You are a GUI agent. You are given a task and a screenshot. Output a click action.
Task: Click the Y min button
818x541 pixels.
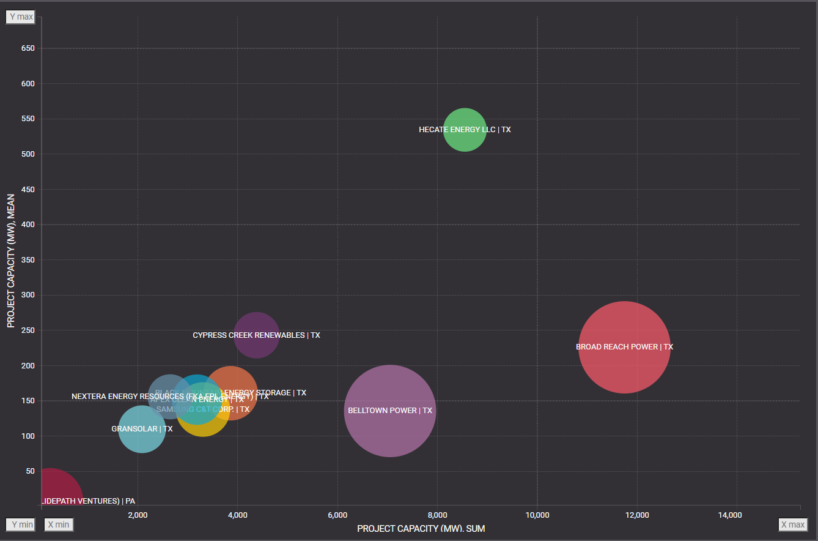click(20, 524)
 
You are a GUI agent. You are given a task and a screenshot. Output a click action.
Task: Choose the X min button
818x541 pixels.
click(59, 524)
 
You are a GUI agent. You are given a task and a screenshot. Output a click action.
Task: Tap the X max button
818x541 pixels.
click(792, 524)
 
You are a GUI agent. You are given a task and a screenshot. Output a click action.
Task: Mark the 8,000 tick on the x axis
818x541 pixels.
click(437, 515)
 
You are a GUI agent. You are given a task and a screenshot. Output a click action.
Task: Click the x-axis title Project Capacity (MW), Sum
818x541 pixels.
click(421, 528)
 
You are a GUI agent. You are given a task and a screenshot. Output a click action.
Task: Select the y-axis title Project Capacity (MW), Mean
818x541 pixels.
click(11, 261)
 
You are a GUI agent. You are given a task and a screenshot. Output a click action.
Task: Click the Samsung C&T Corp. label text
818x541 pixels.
click(203, 409)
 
